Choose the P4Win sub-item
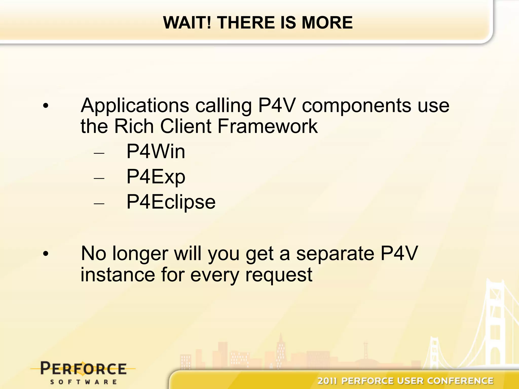tap(156, 151)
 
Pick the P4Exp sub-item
tap(156, 177)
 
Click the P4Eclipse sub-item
tap(171, 202)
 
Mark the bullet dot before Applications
tap(46, 106)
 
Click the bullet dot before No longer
tap(46, 254)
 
